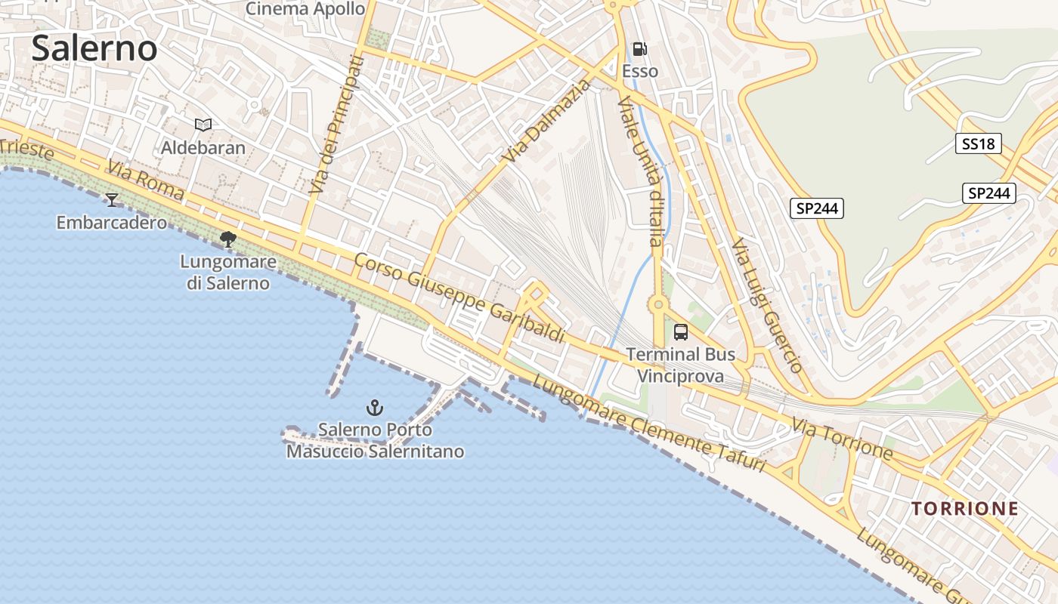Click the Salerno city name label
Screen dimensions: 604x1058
94,48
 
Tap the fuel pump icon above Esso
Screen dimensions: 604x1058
639,50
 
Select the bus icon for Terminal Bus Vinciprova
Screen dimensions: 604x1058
681,331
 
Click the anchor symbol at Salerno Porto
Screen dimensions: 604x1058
374,408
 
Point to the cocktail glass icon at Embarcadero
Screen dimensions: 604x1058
112,200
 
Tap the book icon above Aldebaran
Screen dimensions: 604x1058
203,125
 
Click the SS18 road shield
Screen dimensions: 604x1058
978,143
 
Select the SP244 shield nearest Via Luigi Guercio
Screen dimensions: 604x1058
817,208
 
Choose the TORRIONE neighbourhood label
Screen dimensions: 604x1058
965,509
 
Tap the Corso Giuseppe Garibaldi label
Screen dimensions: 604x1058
459,297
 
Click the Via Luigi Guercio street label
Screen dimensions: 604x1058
766,306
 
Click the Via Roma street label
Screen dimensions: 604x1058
145,180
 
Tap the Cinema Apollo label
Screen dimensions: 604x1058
306,9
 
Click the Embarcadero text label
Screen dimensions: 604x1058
112,223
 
